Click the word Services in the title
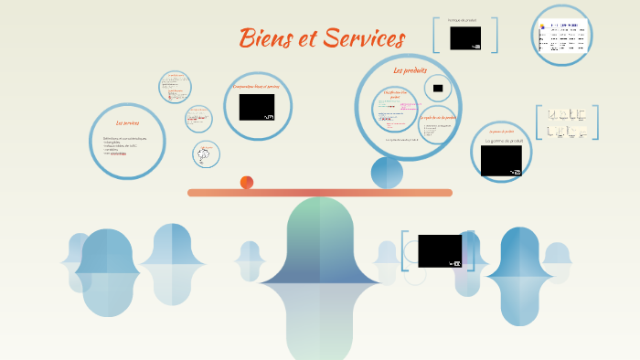[361, 38]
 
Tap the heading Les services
[127, 122]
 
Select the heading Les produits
[411, 70]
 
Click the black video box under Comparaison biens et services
[257, 107]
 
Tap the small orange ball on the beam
[247, 183]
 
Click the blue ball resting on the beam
[387, 173]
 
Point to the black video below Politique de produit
[465, 37]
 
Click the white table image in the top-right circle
[562, 37]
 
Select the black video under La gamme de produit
[501, 161]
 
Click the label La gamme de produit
[502, 141]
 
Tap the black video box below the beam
[440, 250]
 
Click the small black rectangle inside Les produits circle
[438, 89]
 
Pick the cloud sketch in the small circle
[206, 154]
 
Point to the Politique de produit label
[462, 19]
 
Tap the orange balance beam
[320, 193]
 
